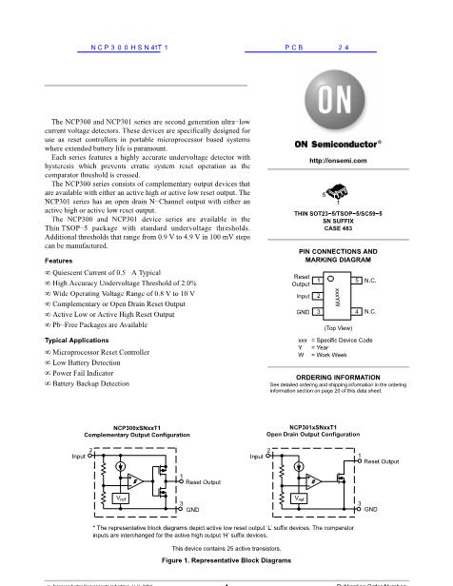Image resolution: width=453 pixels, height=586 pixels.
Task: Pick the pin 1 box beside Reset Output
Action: click(317, 280)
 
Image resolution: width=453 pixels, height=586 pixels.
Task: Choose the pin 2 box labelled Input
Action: click(317, 296)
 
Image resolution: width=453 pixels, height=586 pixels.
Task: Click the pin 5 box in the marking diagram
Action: click(356, 280)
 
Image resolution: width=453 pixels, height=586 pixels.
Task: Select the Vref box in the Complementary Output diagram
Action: click(121, 498)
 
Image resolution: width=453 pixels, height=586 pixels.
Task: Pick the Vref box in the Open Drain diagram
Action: click(298, 498)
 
